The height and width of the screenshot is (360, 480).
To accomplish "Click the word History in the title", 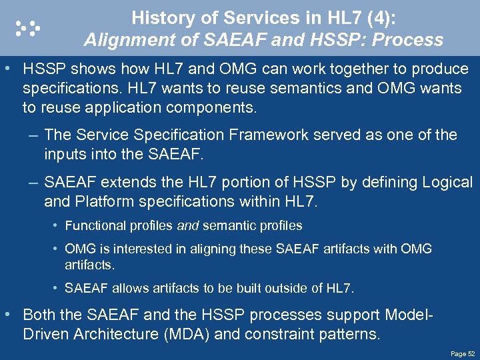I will pyautogui.click(x=158, y=17).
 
